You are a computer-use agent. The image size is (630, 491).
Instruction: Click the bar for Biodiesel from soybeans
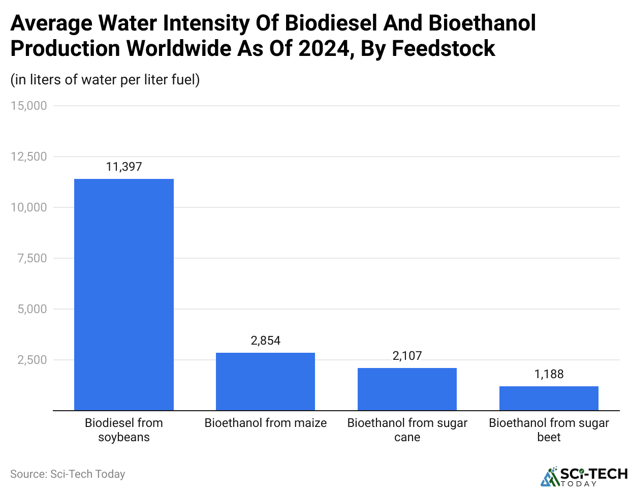[x=124, y=294]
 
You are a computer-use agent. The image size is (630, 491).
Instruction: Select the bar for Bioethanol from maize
[x=265, y=381]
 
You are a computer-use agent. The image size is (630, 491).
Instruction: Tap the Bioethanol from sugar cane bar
[x=407, y=389]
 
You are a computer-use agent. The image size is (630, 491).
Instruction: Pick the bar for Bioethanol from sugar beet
[x=549, y=398]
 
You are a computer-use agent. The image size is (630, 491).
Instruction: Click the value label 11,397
[x=124, y=167]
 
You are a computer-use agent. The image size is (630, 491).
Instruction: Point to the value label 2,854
[x=265, y=341]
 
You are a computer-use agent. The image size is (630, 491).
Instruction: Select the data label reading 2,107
[x=407, y=356]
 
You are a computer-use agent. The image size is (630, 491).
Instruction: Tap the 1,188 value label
[x=549, y=374]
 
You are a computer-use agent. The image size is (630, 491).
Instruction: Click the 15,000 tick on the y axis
[x=28, y=106]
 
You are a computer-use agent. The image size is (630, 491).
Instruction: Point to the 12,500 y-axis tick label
[x=28, y=157]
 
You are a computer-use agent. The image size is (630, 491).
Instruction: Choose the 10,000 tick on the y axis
[x=28, y=207]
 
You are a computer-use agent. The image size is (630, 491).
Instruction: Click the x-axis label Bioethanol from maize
[x=265, y=423]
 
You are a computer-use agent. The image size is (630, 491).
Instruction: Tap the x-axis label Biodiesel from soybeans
[x=124, y=429]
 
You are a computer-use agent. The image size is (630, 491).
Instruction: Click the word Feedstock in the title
[x=443, y=49]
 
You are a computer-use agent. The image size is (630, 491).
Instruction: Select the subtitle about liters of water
[x=105, y=80]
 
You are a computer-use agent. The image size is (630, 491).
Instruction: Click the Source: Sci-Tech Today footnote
[x=68, y=474]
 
